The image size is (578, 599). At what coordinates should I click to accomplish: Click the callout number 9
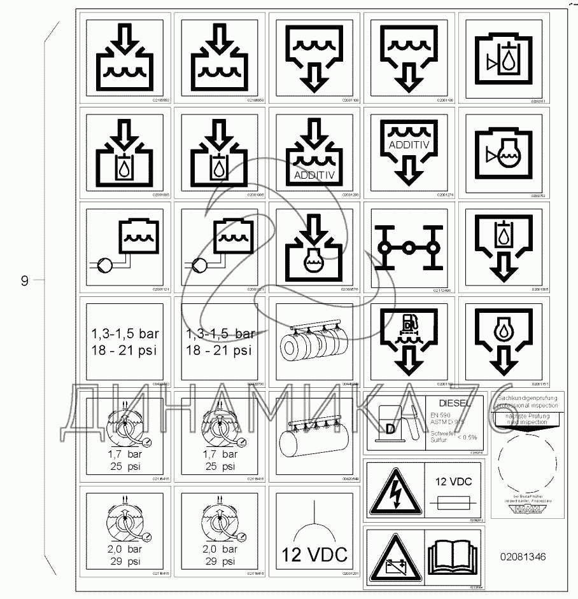point(25,280)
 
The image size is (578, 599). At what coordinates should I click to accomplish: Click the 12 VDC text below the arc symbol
point(315,554)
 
